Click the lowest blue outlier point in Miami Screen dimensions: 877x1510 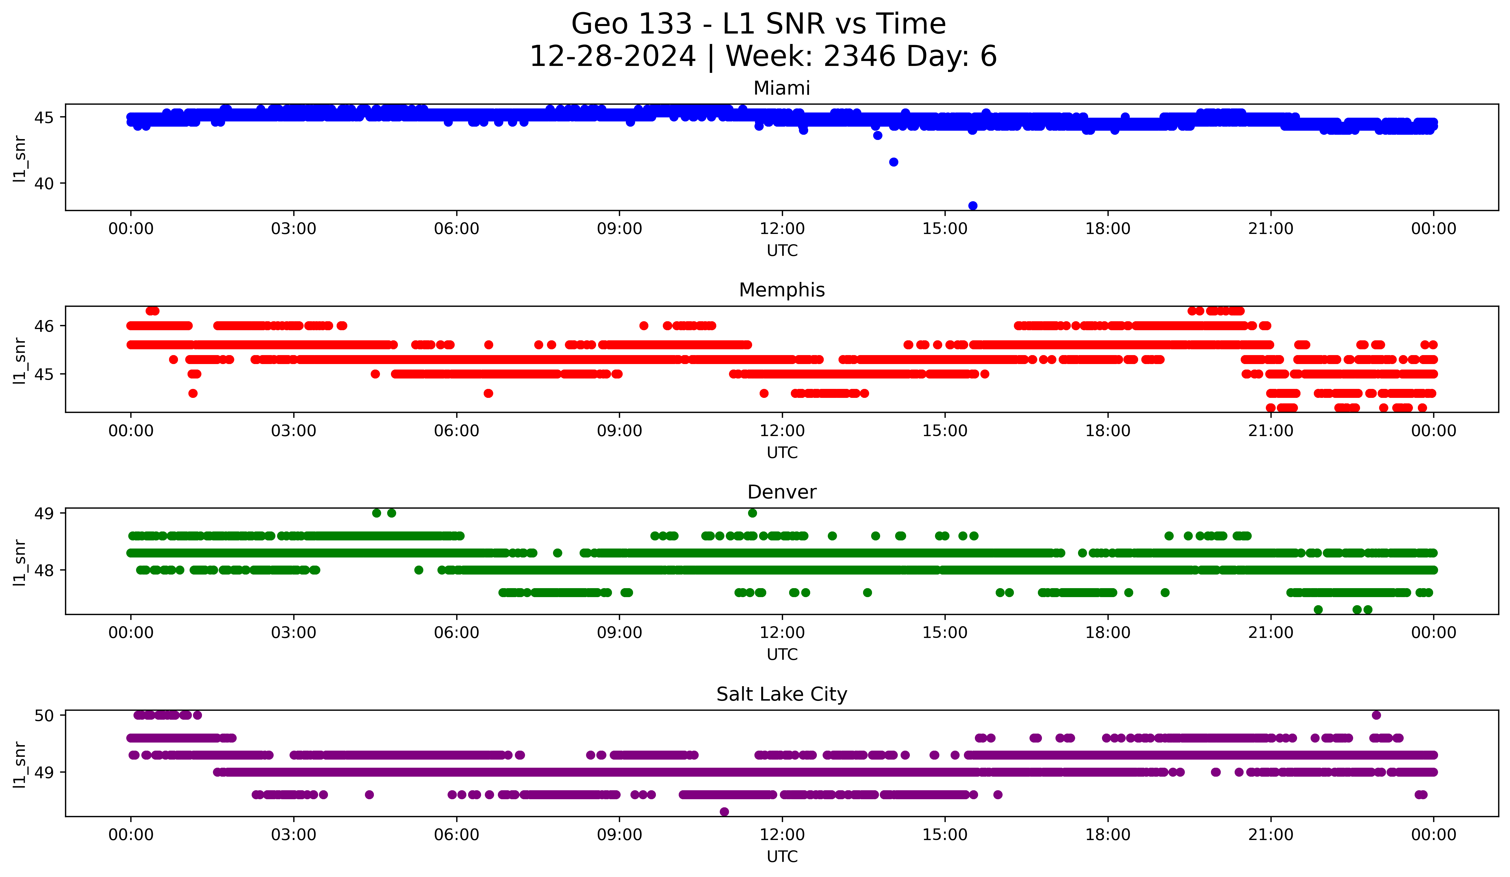tap(973, 206)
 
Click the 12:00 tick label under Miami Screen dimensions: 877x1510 tap(782, 229)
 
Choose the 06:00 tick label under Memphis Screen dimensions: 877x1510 tap(457, 431)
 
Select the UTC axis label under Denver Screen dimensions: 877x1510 tap(782, 655)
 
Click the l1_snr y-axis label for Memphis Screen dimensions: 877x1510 tap(20, 360)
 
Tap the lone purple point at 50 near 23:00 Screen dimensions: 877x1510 tap(1377, 715)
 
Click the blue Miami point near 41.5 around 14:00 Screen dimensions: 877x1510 tap(893, 162)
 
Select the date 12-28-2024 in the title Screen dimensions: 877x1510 tap(612, 56)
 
